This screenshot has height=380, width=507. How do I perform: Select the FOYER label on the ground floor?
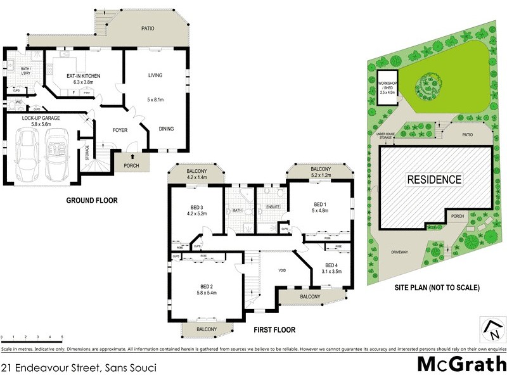coord(120,130)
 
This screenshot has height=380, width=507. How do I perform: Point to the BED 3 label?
coord(196,207)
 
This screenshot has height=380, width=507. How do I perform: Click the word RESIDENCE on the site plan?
coord(434,179)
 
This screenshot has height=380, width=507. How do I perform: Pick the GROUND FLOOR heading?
coord(92,201)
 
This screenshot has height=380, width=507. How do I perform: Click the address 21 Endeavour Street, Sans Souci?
coord(79,367)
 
